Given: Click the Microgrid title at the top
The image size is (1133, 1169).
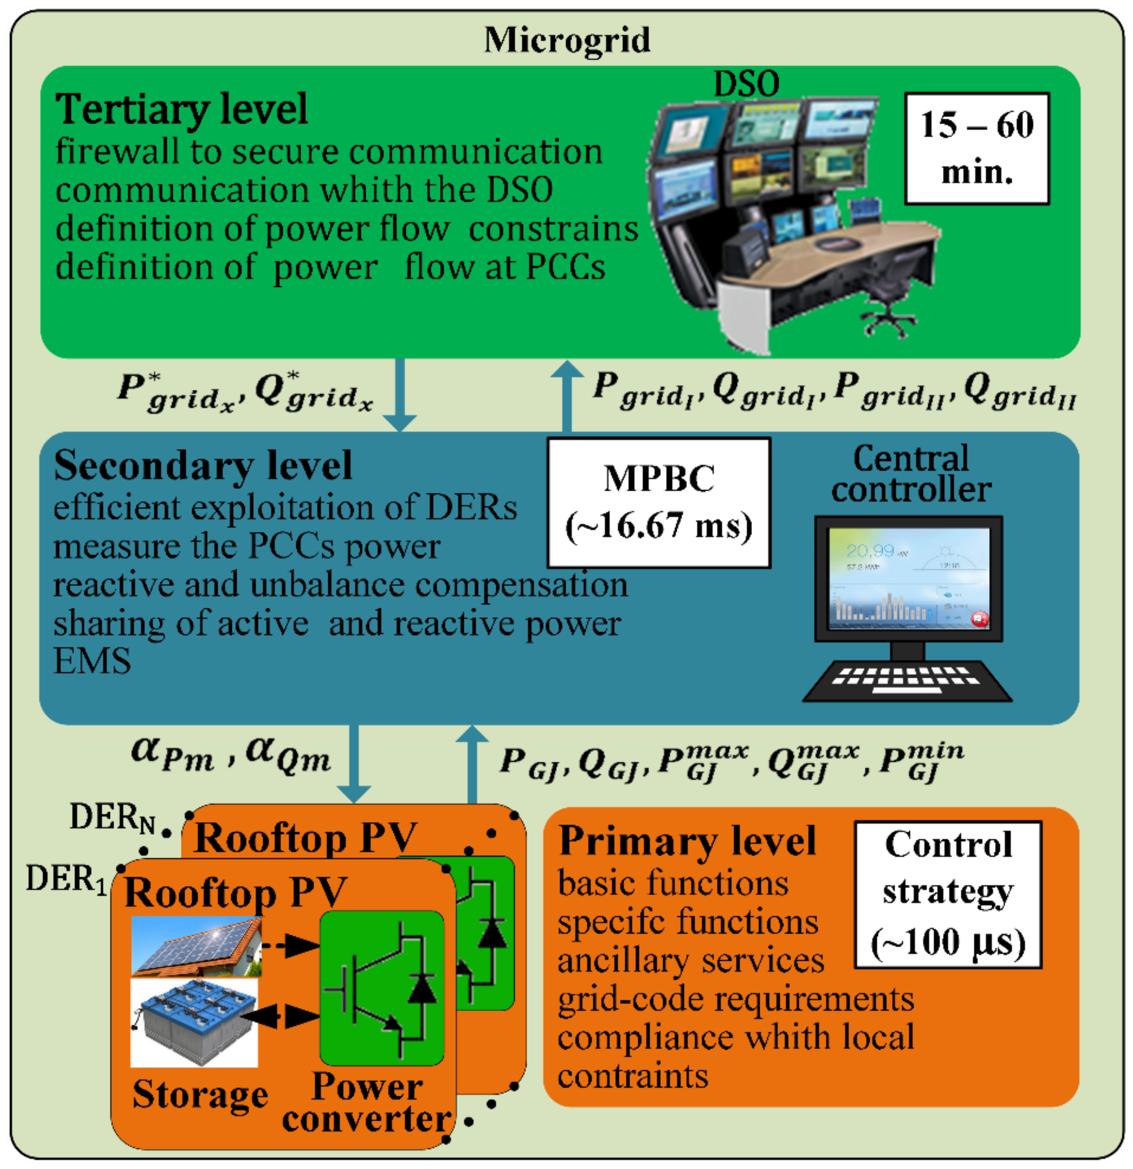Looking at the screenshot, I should [x=567, y=40].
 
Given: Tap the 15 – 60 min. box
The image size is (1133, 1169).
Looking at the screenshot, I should [x=976, y=148].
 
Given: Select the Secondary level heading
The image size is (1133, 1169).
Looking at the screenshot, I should [x=203, y=466].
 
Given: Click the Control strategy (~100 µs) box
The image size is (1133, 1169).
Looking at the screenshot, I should [x=948, y=895].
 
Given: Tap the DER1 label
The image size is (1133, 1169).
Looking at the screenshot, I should [x=66, y=880].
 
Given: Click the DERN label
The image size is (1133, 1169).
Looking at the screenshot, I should [x=112, y=818].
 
